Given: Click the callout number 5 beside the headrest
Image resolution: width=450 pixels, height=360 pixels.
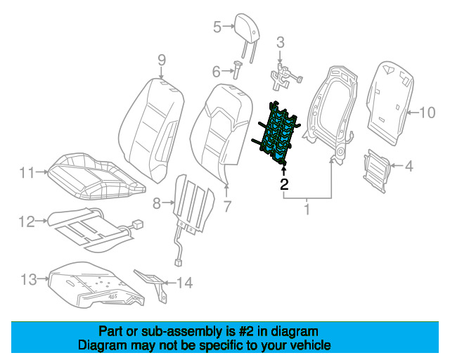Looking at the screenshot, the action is point(217,27).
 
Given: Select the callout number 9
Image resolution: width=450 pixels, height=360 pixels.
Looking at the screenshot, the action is point(162,60).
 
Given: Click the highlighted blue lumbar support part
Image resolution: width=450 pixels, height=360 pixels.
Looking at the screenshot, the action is point(276,134).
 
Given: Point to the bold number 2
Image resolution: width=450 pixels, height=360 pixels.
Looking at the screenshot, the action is point(284,184).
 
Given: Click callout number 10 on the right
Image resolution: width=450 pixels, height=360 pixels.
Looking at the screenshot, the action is point(427,112).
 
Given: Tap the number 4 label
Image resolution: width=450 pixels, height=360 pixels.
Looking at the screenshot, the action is point(409,166).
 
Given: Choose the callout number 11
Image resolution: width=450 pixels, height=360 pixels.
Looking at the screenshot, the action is point(27,173).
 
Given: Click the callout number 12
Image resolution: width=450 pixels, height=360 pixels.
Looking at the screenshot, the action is point(27,221).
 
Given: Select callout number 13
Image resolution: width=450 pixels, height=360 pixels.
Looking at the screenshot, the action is point(29,279).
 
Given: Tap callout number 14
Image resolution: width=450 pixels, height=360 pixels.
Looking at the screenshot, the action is point(184,283).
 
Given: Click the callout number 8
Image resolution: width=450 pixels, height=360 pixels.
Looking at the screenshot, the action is point(156,203).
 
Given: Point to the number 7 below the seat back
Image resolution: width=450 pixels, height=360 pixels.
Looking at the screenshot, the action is point(227,206).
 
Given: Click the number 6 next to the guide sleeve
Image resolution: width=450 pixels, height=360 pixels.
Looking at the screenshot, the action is point(217,71).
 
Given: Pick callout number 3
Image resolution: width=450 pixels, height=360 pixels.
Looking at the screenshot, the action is point(281,42).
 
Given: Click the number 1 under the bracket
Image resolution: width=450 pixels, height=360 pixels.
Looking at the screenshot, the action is point(307,210).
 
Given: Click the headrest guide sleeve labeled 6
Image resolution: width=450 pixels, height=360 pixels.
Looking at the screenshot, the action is point(238,70).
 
